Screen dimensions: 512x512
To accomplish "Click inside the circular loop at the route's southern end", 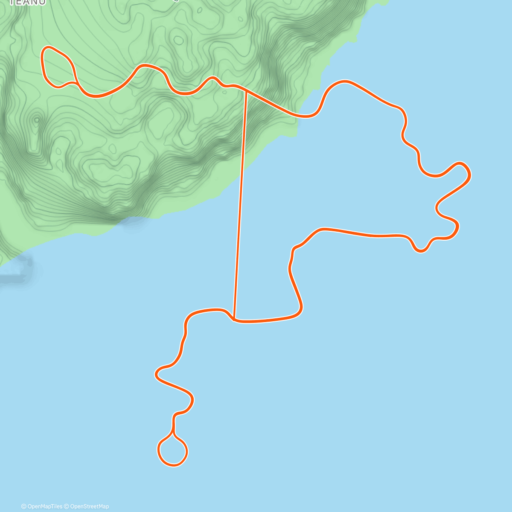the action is click(x=173, y=451).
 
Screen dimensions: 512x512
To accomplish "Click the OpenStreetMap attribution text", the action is click(x=89, y=506).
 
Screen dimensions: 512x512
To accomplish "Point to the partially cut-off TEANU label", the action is click(x=27, y=3).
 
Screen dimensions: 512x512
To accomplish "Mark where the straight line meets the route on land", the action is click(x=246, y=90).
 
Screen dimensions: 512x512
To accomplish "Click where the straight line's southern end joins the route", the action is click(x=235, y=319).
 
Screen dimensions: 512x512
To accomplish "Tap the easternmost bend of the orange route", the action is click(x=468, y=173).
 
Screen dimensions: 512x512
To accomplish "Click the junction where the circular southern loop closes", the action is click(x=173, y=433).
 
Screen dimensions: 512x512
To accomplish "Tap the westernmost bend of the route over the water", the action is click(x=157, y=374).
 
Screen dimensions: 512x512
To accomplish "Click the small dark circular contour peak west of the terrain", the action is click(x=37, y=120).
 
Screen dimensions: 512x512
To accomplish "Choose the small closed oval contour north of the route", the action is click(x=178, y=41).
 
